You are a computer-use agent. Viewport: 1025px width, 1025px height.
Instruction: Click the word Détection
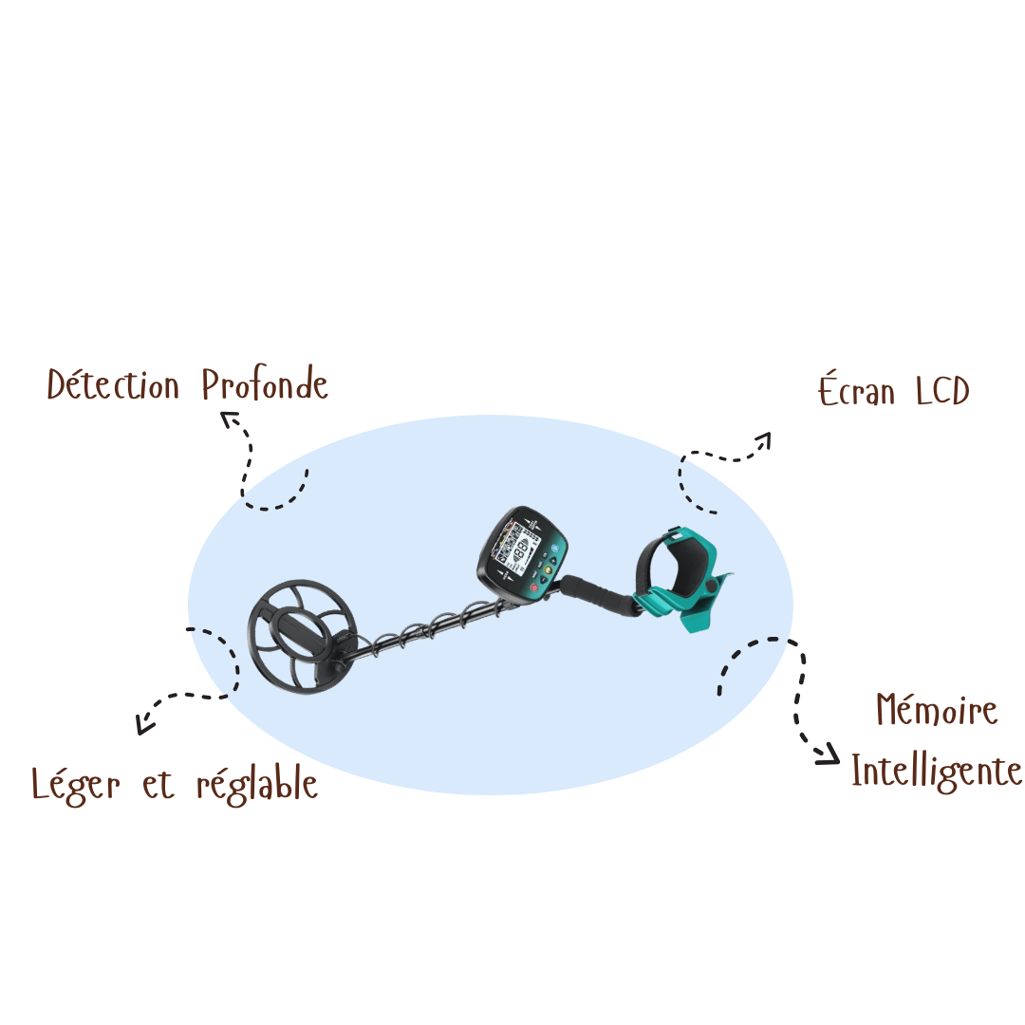click(113, 384)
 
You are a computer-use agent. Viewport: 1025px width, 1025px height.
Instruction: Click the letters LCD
click(942, 391)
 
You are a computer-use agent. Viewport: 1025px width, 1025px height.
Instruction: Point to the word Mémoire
click(937, 709)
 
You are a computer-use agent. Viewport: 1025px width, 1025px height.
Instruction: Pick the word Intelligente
click(936, 772)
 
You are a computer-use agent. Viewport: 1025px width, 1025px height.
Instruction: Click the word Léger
click(76, 785)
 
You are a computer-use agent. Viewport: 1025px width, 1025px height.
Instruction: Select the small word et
click(158, 786)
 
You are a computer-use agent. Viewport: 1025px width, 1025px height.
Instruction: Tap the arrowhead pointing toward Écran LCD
click(763, 440)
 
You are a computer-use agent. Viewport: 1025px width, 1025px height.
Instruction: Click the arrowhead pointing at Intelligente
click(829, 754)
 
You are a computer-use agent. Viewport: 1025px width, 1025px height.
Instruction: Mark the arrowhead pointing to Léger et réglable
click(144, 724)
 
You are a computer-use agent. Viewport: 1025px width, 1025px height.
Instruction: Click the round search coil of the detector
click(302, 636)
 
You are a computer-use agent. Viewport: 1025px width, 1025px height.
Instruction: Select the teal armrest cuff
click(683, 578)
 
